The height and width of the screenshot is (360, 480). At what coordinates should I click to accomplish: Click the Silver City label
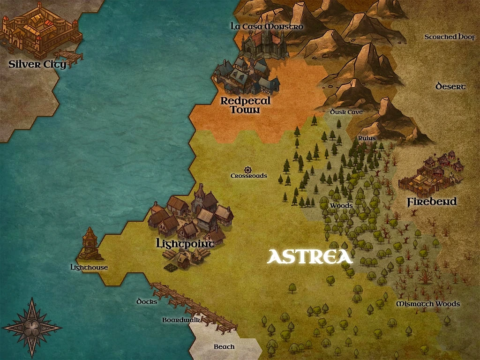coord(37,64)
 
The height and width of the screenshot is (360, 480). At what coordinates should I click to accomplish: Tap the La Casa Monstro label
coord(267,26)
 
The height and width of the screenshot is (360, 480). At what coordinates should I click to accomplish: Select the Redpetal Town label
coord(246,105)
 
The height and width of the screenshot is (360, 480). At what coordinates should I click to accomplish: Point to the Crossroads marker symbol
coord(248,169)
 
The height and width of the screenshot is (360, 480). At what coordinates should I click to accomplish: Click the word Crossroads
coord(248,176)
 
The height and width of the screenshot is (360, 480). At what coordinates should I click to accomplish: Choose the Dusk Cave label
coord(346,112)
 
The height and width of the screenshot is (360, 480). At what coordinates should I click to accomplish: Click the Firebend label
coord(431,202)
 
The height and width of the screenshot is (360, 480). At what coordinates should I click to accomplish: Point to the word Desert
coord(450,86)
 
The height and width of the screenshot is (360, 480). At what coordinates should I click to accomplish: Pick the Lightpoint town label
coord(185,244)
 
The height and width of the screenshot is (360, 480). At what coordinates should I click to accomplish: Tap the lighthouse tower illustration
coord(90,244)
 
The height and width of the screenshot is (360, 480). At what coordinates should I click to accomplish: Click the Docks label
coord(147,301)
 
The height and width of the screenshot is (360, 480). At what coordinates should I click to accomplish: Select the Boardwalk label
coord(181,320)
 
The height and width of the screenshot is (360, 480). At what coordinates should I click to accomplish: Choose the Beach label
coord(224,347)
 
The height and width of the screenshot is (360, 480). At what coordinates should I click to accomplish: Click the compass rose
coord(32,327)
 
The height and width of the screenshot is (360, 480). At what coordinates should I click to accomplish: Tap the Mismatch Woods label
coord(427,304)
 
